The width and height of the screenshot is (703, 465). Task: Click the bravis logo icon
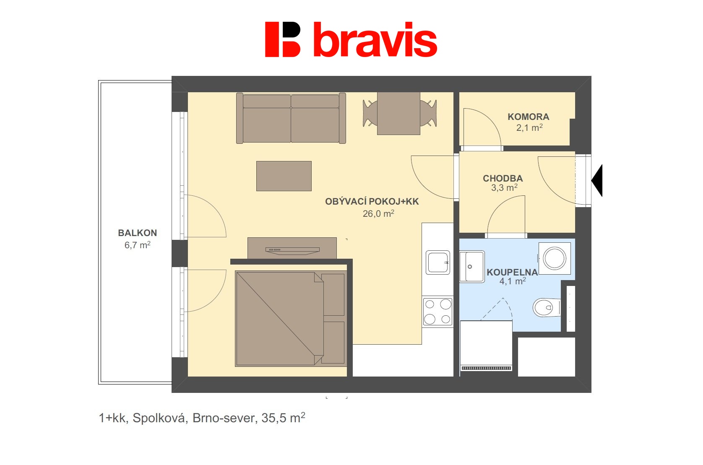pos(282,39)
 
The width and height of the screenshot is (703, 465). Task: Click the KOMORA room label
pos(528,117)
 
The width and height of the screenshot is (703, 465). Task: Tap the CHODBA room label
pos(503,178)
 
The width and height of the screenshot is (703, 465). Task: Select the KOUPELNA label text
pos(512,272)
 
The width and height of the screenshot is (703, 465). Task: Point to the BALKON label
pos(137,233)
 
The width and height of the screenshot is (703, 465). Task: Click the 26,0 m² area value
pos(378,214)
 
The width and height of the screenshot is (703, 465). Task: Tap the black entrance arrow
pos(597,181)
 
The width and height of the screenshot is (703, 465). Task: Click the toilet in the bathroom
pos(546,308)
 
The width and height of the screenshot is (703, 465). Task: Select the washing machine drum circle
pos(555,258)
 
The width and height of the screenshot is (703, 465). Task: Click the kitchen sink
pos(437,262)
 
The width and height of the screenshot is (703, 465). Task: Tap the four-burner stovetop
pos(437,312)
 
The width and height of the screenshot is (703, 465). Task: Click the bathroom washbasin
pos(471,266)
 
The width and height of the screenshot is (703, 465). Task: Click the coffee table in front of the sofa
pos(284,176)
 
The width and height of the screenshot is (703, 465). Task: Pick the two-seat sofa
pos(291,119)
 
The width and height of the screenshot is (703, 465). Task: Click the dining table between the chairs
pos(398,113)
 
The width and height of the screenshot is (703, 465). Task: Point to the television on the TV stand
pos(292,251)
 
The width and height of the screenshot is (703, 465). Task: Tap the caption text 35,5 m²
pos(283,418)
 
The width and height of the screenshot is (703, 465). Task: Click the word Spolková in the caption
pos(159,418)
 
